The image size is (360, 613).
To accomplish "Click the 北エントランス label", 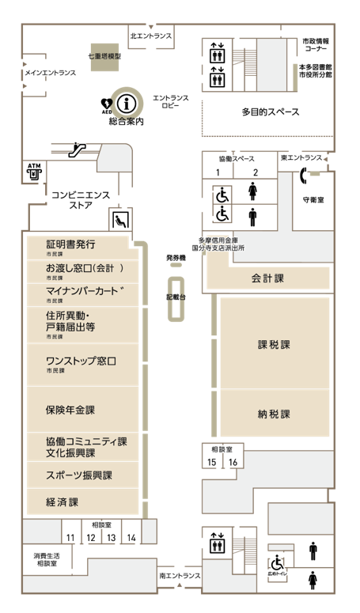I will [151, 36].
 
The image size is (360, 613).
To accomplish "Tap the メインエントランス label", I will [50, 74].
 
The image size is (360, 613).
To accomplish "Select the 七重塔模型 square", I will [104, 57].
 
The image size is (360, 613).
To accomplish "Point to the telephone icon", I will [304, 176].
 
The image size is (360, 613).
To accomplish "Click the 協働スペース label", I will [237, 159].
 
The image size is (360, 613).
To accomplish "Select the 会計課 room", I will [267, 278].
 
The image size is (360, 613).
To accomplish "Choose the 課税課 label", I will [274, 345].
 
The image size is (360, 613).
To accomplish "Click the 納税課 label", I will [274, 414].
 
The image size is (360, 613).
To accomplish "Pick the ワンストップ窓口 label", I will [81, 361].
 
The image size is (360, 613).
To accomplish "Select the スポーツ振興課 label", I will [79, 475].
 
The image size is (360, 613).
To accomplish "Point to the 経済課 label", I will [63, 502].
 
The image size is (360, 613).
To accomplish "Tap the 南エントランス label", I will [180, 576].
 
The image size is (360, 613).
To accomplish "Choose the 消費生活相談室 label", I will [46, 560].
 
